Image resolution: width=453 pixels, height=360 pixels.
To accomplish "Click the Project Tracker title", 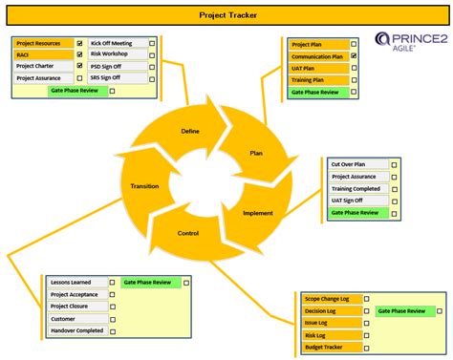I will tap(226, 15).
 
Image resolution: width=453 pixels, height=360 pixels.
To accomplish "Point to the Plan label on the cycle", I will tap(256, 153).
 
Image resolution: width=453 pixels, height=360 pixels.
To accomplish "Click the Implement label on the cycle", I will tap(258, 213).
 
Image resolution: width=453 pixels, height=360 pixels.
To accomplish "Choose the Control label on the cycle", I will tap(189, 233).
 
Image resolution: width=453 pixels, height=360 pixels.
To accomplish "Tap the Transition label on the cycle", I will tap(145, 185).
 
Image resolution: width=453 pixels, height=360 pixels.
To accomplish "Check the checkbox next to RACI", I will tap(80, 55).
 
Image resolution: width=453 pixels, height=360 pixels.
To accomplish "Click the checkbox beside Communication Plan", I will tap(354, 56).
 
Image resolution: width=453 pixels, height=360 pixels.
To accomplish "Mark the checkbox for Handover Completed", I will tap(113, 331).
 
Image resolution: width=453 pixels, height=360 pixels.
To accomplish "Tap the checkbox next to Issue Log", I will tap(367, 324).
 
